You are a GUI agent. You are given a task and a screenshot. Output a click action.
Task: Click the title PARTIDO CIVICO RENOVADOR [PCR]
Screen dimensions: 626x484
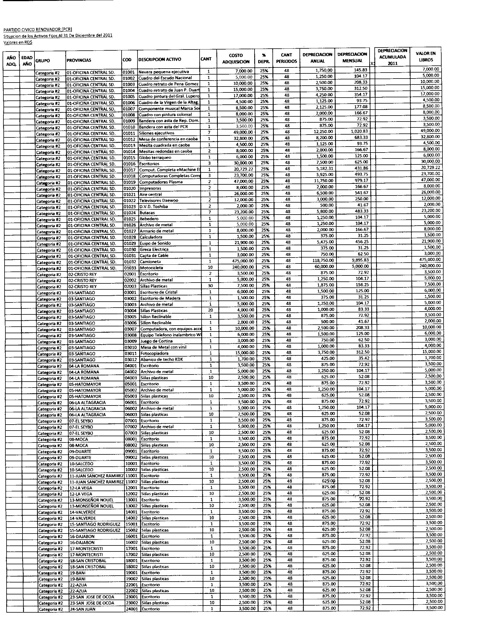[38, 29]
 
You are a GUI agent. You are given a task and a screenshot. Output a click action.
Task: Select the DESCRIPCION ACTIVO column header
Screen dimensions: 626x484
[160, 60]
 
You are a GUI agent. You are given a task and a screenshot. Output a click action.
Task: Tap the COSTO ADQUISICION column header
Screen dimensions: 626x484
[236, 58]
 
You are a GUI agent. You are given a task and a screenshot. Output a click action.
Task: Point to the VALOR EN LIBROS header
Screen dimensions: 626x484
[426, 57]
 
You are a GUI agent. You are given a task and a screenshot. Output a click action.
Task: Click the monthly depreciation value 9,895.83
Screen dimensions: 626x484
[359, 260]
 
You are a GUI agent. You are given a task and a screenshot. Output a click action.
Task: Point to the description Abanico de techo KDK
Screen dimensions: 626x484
[161, 359]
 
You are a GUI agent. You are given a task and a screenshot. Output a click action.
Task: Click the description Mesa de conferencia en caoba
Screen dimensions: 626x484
[168, 139]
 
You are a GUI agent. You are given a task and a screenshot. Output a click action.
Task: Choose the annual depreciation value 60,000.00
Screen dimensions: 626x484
[323, 267]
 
